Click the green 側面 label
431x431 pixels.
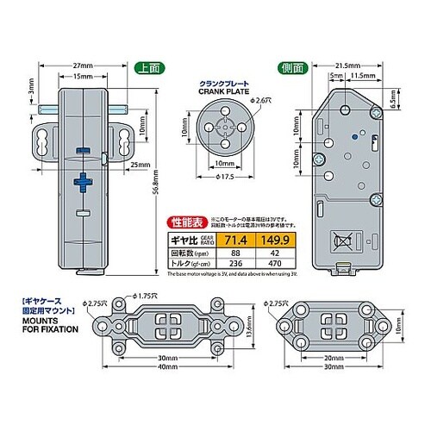coord(290,67)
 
